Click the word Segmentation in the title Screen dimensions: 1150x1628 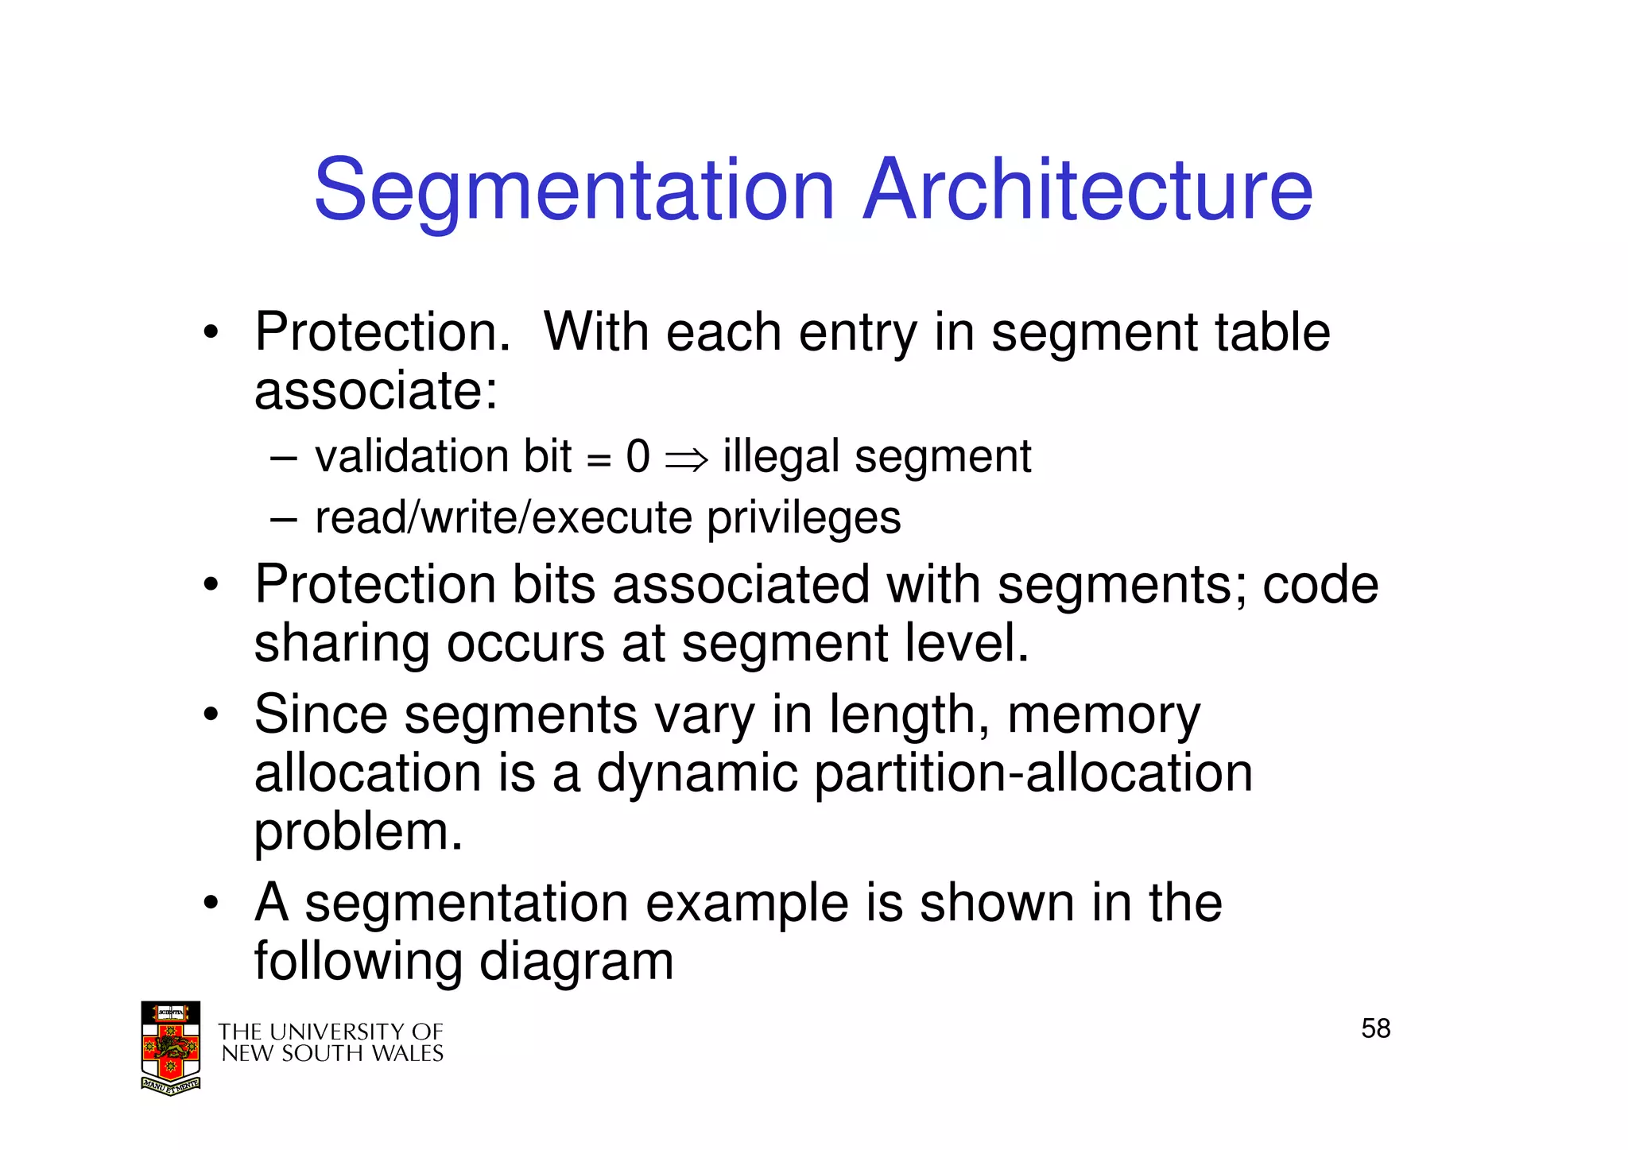574,191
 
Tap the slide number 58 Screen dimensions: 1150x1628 1375,1028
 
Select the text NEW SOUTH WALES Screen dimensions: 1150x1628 331,1054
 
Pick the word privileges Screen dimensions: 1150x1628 804,519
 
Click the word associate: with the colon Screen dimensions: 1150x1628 375,391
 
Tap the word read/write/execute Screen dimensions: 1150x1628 503,518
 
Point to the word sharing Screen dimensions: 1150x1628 342,644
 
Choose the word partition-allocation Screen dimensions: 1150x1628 1033,773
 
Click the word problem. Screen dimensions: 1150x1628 358,833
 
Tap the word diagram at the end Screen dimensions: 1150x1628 576,962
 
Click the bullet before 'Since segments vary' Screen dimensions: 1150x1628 210,714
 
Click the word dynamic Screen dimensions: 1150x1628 696,773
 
